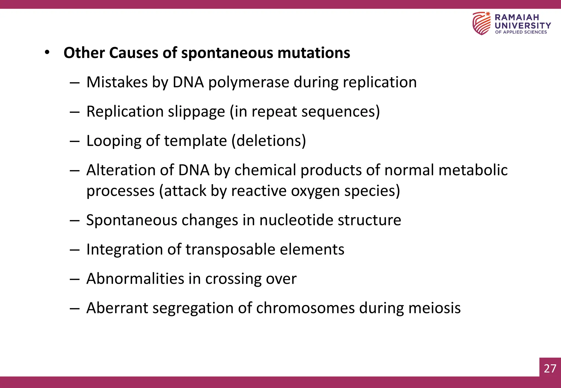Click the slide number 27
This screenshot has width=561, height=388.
pos(550,368)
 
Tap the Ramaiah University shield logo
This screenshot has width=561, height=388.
pos(481,23)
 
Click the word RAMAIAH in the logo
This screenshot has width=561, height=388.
pos(517,18)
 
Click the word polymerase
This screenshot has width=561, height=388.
pos(249,82)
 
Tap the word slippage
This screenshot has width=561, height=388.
pos(196,112)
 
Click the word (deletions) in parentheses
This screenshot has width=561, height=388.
pos(269,141)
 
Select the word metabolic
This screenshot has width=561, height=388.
pos(473,170)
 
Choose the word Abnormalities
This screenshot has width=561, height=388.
pos(135,279)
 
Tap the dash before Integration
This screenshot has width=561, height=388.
pos(75,250)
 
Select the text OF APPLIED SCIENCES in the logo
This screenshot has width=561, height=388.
pos(521,32)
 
